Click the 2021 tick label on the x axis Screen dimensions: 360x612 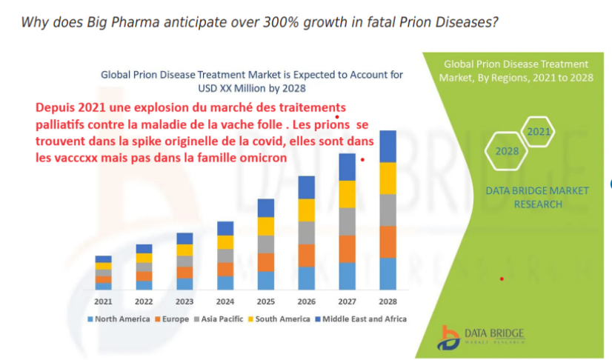pyautogui.click(x=104, y=301)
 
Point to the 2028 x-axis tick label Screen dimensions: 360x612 pyautogui.click(x=388, y=301)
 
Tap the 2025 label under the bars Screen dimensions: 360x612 pyautogui.click(x=266, y=301)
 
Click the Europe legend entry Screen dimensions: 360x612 pyautogui.click(x=173, y=319)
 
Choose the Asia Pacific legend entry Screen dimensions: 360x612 pyautogui.click(x=219, y=319)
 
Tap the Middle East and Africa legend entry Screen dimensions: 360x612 pyautogui.click(x=361, y=319)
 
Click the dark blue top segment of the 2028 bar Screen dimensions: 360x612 pyautogui.click(x=388, y=146)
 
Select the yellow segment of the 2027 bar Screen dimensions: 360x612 pyautogui.click(x=347, y=194)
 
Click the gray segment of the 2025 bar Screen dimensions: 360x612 pyautogui.click(x=266, y=244)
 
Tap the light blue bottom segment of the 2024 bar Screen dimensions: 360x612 pyautogui.click(x=225, y=282)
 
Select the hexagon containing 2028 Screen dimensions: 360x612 pyautogui.click(x=508, y=151)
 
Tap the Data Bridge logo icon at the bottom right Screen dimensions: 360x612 pyautogui.click(x=449, y=338)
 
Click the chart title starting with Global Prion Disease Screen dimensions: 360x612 pyautogui.click(x=252, y=81)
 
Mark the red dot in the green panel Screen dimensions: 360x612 pyautogui.click(x=502, y=279)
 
